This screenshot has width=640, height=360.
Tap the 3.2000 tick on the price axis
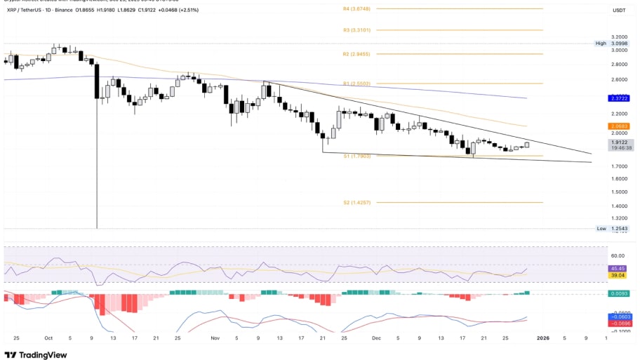[x=620, y=36]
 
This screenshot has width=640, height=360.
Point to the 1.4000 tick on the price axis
[x=620, y=206]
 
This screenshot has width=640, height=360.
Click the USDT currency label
[x=619, y=11]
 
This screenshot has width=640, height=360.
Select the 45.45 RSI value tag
[x=618, y=269]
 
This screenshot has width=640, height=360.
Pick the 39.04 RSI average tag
[x=618, y=276]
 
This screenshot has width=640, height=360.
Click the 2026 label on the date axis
[x=542, y=338]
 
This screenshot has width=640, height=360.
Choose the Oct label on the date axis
[x=48, y=338]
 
